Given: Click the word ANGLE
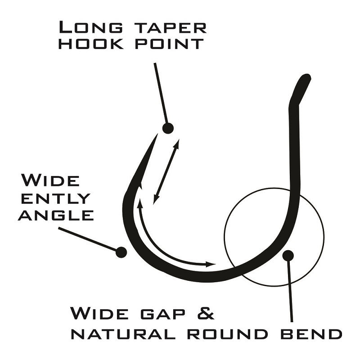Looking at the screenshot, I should pyautogui.click(x=56, y=215).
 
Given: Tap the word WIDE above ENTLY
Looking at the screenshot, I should pyautogui.click(x=50, y=180).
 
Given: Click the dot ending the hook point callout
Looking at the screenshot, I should pyautogui.click(x=168, y=128).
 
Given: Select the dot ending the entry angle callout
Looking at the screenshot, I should pyautogui.click(x=121, y=252).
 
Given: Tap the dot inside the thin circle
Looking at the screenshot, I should pyautogui.click(x=288, y=256).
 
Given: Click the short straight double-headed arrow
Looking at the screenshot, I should pyautogui.click(x=166, y=171).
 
